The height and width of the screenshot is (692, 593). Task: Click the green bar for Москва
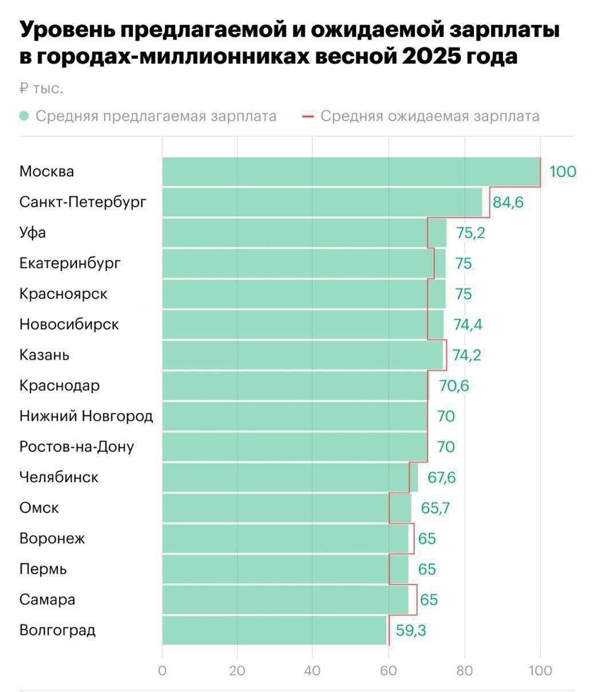(351, 172)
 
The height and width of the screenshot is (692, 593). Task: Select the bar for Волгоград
(275, 630)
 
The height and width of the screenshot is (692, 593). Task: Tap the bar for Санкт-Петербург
(322, 202)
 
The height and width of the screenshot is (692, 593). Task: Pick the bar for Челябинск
(290, 477)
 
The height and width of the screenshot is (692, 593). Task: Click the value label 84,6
(508, 202)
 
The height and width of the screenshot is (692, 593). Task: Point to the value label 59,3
(410, 630)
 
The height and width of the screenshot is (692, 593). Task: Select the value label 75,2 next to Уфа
(470, 233)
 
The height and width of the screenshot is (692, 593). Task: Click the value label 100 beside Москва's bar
(563, 172)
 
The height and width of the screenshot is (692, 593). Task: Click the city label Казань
(45, 355)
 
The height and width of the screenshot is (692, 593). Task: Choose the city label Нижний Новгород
(86, 416)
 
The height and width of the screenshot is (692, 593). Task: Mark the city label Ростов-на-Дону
(77, 446)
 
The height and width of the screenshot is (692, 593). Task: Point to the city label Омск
(39, 508)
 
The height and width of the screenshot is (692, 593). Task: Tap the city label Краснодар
(60, 386)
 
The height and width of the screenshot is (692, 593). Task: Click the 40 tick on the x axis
(313, 671)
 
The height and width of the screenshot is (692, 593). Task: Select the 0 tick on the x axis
(163, 671)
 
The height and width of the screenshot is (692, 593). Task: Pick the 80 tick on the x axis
(464, 671)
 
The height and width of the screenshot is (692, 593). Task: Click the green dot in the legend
(24, 116)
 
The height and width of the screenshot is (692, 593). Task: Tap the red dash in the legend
(307, 116)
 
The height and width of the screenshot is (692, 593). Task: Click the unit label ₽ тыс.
(41, 89)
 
